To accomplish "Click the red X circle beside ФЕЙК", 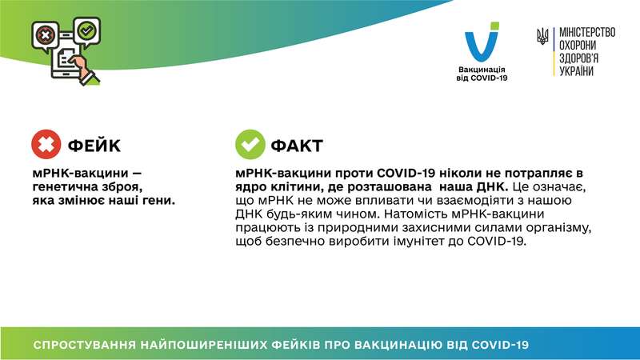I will tap(46, 145).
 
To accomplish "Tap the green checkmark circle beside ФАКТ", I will tap(250, 145).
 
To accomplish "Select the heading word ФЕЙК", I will tap(94, 146).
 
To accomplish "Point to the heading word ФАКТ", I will tap(297, 146).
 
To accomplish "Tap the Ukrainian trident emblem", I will tap(542, 37).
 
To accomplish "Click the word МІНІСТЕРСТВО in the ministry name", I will tap(586, 33).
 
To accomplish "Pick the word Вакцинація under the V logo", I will tap(482, 69).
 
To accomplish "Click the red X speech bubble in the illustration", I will tap(43, 34).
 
